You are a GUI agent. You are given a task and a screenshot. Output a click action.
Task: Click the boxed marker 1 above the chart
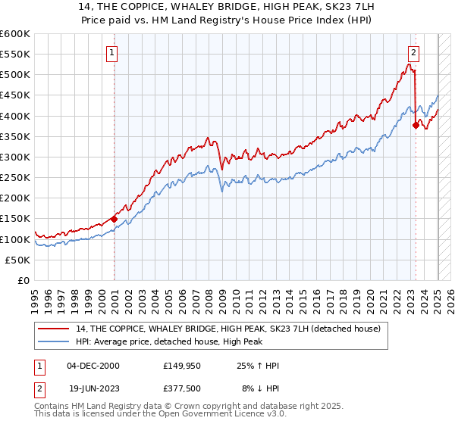tap(111, 53)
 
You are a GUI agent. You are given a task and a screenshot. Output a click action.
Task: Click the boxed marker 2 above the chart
tap(413, 53)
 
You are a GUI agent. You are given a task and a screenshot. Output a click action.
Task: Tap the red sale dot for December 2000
tap(115, 219)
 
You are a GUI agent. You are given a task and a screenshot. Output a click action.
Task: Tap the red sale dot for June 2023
tap(416, 126)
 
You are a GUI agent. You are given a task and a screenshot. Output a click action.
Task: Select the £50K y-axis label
tap(18, 260)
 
